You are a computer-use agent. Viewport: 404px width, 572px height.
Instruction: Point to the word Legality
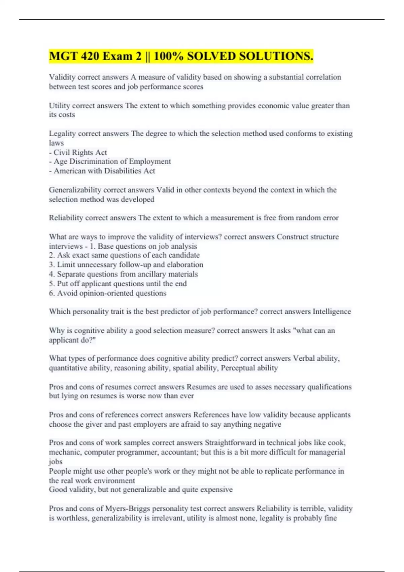tap(62, 134)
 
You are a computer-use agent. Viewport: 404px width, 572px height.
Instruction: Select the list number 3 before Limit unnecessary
tap(52, 265)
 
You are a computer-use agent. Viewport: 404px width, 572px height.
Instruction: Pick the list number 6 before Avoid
tap(52, 293)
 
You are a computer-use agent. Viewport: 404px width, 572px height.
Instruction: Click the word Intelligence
tap(332, 312)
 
